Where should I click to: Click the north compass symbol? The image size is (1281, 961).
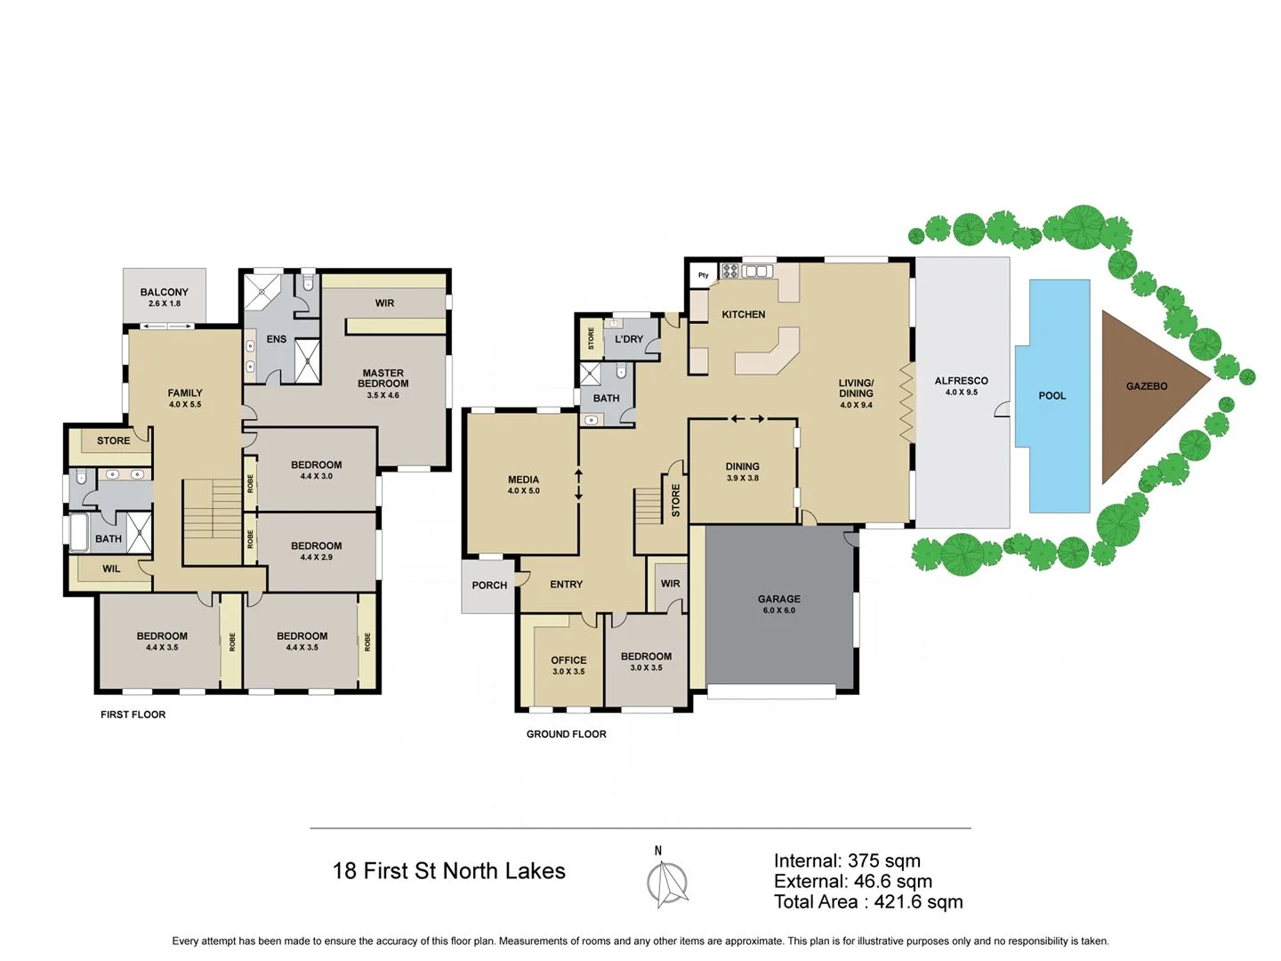tap(666, 884)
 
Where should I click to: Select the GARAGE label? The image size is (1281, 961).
tap(779, 599)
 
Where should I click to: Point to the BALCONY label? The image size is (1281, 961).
tap(165, 292)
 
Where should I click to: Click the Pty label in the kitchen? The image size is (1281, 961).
tap(704, 275)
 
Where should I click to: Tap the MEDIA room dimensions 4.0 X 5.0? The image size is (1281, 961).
tap(523, 491)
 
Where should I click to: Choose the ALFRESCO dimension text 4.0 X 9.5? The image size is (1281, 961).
tap(961, 392)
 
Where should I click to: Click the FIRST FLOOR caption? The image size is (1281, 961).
tap(133, 715)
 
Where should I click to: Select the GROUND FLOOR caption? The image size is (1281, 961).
tap(566, 734)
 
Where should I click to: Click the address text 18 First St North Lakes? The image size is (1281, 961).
tap(448, 871)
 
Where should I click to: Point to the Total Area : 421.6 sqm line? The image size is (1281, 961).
tap(867, 902)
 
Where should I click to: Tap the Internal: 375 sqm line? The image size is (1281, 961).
tap(847, 860)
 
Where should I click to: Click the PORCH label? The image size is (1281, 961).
tap(489, 585)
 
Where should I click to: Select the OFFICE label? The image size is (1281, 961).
tap(568, 660)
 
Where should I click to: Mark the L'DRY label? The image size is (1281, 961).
tap(629, 339)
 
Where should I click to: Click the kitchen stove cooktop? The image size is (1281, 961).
tap(730, 271)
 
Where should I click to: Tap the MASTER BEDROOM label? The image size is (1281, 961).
tap(383, 378)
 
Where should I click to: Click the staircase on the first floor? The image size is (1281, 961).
tap(213, 521)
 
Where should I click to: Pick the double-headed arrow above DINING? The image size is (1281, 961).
tap(747, 418)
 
